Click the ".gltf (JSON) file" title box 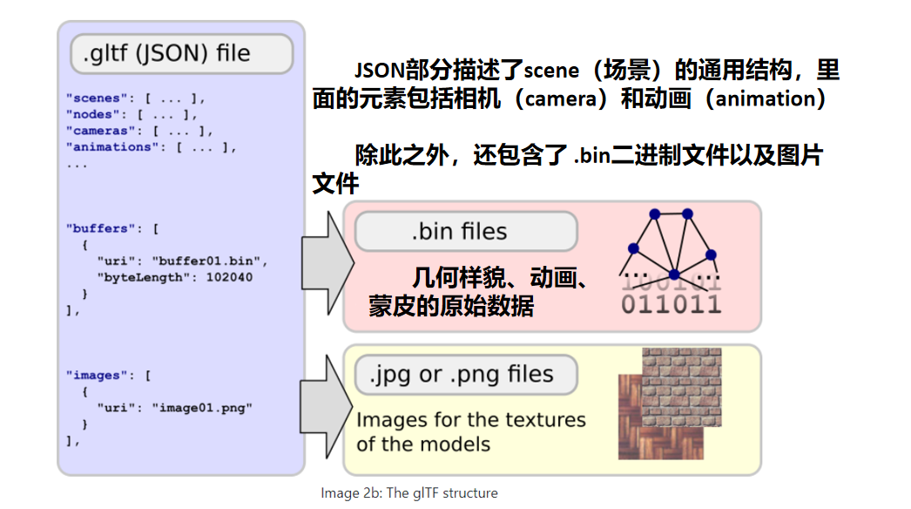180,54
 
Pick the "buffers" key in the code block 98,228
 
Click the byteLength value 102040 228,277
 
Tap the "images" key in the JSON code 95,375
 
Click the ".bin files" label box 465,232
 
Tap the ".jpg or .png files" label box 465,375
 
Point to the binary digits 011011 671,304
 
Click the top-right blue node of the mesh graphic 687,213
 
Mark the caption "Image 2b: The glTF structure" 408,493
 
